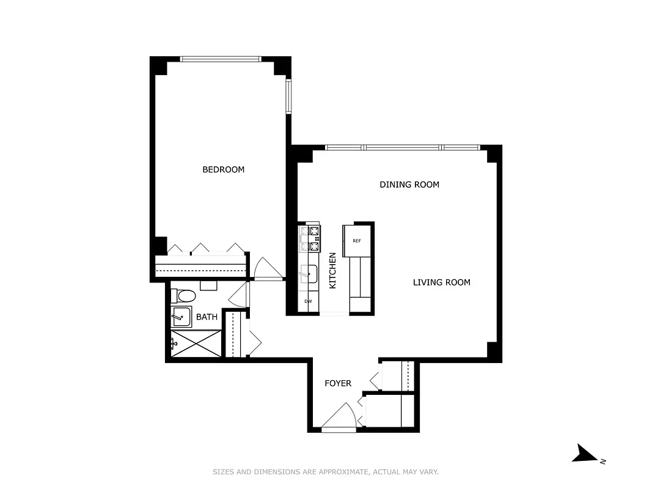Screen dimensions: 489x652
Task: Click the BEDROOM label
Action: pos(223,169)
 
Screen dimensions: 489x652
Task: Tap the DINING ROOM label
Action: pos(409,185)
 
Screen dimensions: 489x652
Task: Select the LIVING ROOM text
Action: pos(441,282)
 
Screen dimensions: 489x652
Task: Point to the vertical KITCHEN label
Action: pos(333,271)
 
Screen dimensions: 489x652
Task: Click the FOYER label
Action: pos(337,383)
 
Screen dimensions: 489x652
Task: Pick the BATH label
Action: pos(207,317)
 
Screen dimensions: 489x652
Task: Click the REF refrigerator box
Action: pos(357,240)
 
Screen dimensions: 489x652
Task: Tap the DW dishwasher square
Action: pos(309,302)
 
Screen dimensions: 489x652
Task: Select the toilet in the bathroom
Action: pos(184,296)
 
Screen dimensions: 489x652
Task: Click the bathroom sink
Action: pos(181,317)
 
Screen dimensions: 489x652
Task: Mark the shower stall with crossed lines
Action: pos(196,344)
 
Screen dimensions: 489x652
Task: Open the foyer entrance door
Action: pos(338,418)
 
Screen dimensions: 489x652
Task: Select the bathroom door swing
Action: pos(239,296)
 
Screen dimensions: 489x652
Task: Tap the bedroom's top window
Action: pos(221,59)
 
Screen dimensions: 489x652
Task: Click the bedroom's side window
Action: pos(289,97)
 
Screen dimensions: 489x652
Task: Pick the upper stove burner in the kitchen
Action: pos(314,231)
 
